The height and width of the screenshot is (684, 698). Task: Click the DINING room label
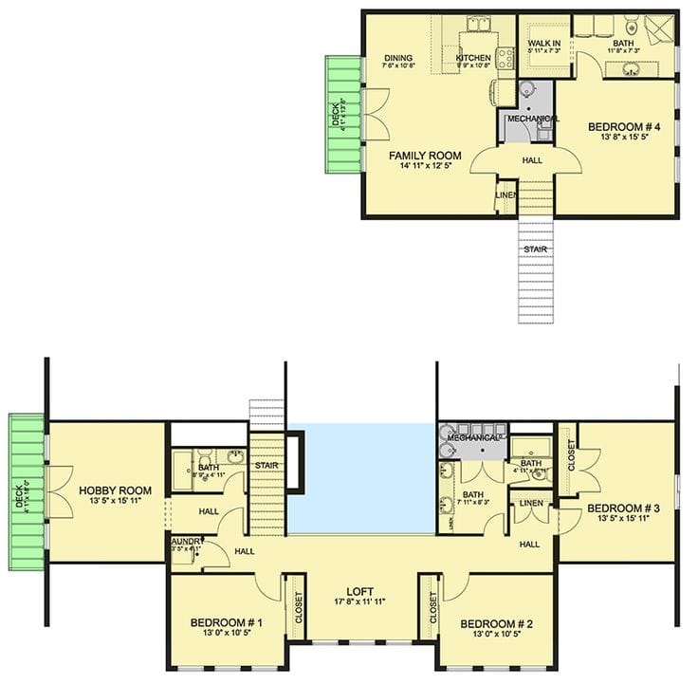pos(396,56)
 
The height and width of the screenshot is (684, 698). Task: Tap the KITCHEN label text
pos(472,57)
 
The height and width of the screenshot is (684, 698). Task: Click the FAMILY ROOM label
pos(425,156)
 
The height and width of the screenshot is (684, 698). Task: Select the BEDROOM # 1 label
pos(226,623)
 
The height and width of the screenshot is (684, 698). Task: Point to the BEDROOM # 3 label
pos(629,508)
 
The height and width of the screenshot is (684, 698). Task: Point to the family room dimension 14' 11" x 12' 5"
pos(425,168)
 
